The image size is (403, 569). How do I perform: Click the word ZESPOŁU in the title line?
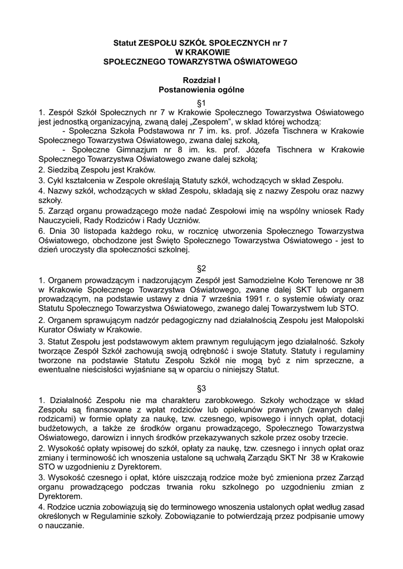click(160, 42)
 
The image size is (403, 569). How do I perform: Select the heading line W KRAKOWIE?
click(202, 52)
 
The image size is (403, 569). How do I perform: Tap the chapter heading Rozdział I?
click(202, 80)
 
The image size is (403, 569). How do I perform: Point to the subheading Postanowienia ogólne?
click(202, 89)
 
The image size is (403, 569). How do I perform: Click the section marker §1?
click(202, 103)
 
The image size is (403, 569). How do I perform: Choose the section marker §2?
click(202, 268)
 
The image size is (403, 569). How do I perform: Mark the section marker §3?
click(202, 388)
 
